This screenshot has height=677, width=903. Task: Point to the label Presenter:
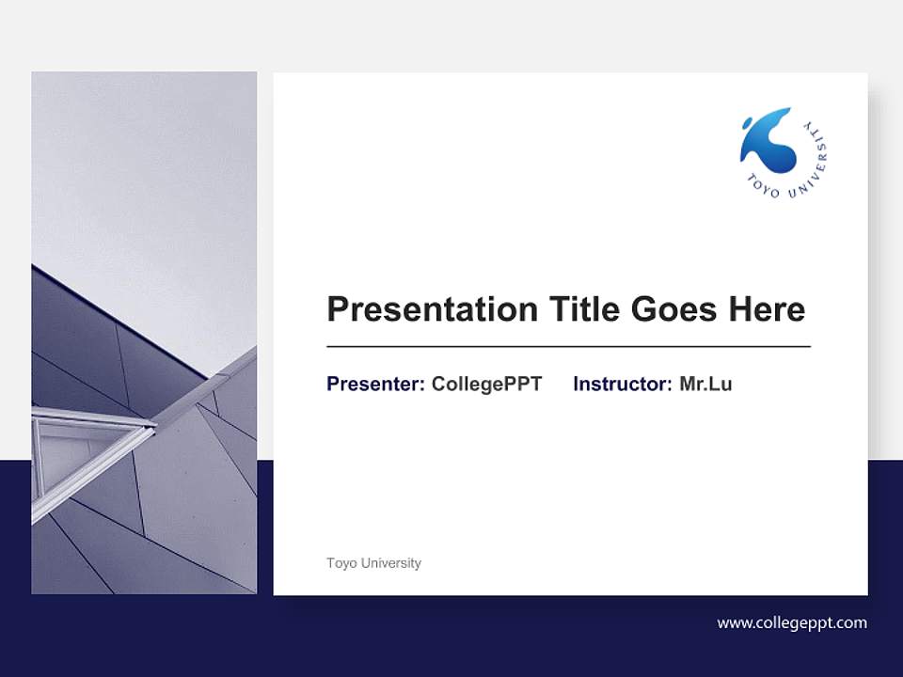pyautogui.click(x=375, y=384)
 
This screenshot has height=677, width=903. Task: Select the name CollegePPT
pyautogui.click(x=486, y=384)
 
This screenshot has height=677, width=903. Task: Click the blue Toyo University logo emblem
pyautogui.click(x=768, y=143)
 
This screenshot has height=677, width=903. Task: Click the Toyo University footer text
pyautogui.click(x=373, y=563)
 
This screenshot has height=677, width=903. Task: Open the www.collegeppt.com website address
pyautogui.click(x=792, y=622)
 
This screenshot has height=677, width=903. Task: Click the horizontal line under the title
pyautogui.click(x=568, y=347)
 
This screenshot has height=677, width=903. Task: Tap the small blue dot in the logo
pyautogui.click(x=747, y=121)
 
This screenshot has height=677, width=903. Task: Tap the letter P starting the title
pyautogui.click(x=337, y=309)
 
